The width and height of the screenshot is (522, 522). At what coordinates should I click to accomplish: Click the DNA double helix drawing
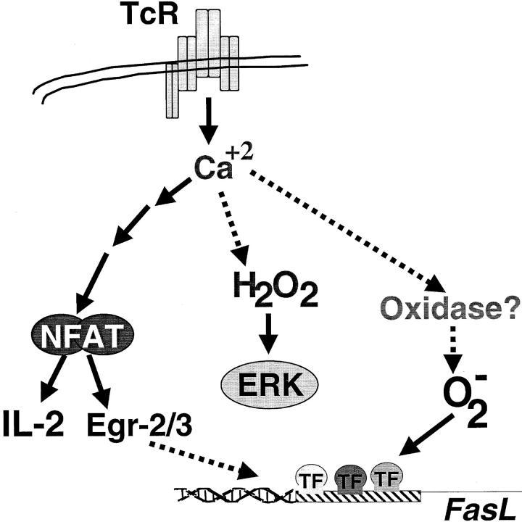[239, 494]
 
